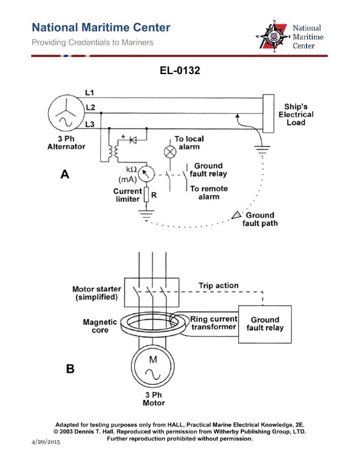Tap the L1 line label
(89, 92)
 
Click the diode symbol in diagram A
(132, 141)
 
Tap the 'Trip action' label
(219, 286)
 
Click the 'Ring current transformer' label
(213, 324)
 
